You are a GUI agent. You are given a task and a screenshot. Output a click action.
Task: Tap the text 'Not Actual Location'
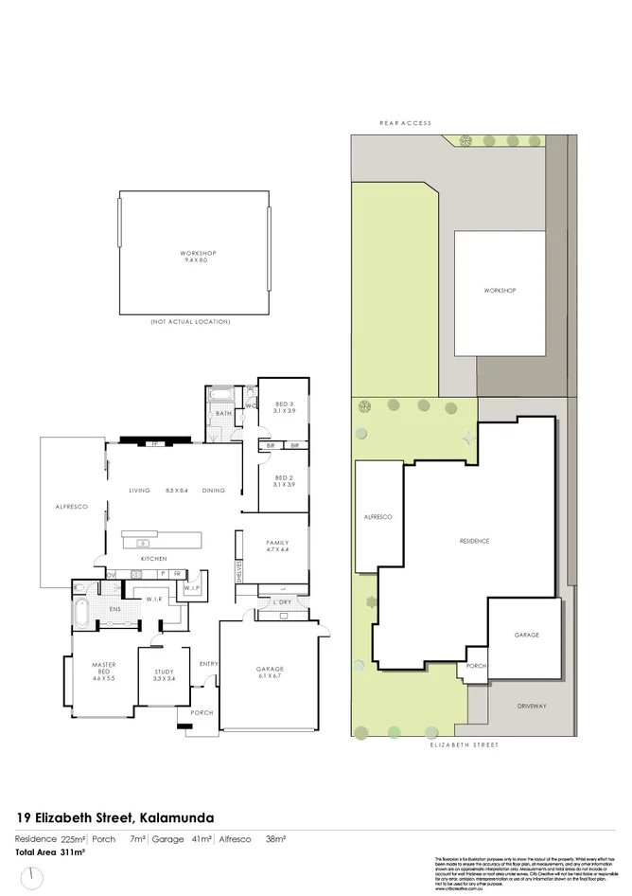[190, 322]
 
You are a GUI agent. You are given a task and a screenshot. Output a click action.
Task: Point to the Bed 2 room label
[285, 480]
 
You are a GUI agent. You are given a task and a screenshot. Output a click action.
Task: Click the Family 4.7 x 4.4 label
[276, 546]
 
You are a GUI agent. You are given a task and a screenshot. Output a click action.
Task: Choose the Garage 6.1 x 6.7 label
[270, 672]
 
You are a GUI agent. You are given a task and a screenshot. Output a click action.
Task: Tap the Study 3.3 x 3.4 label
[165, 675]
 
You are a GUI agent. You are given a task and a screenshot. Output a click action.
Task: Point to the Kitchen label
[154, 559]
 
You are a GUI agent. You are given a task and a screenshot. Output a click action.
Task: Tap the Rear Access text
[405, 123]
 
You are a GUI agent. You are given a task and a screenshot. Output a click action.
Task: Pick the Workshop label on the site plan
[499, 291]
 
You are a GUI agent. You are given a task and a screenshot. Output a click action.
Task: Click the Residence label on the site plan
[474, 541]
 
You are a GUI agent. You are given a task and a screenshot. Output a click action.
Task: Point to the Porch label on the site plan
[476, 666]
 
